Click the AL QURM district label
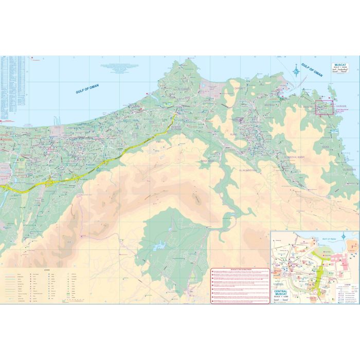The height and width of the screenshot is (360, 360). click(x=184, y=88)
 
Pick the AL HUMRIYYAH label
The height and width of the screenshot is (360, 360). click(x=250, y=169)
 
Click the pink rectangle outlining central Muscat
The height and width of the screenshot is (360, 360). click(x=325, y=107)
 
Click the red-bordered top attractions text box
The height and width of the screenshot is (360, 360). click(x=240, y=286)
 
